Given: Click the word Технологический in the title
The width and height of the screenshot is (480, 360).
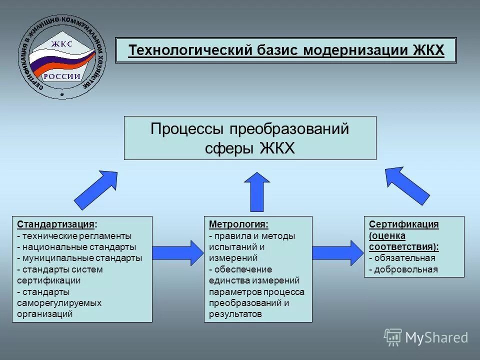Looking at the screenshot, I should pyautogui.click(x=190, y=51).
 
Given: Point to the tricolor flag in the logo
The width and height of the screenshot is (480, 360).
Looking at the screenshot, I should pyautogui.click(x=50, y=62).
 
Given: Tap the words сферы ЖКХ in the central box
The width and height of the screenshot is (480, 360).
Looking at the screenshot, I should pyautogui.click(x=250, y=148).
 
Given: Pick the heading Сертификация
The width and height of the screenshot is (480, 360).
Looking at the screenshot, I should pyautogui.click(x=403, y=224).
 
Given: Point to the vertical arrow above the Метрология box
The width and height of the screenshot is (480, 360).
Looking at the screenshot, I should pyautogui.click(x=258, y=191).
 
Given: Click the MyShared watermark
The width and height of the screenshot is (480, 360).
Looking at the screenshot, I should pyautogui.click(x=426, y=337).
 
